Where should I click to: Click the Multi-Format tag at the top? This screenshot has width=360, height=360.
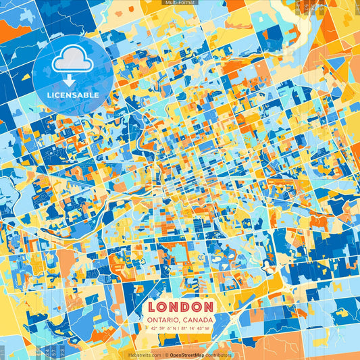[x=179, y=3]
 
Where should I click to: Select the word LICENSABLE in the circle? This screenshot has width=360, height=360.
[x=72, y=95]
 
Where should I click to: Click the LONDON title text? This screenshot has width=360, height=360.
[x=180, y=307]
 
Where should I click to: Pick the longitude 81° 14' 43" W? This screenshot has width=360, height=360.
[x=199, y=328]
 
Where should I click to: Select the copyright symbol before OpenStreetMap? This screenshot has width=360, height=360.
[x=167, y=355]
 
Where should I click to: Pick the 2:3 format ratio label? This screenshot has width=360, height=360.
[x=63, y=353]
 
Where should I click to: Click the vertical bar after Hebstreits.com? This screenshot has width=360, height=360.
[x=163, y=355]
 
